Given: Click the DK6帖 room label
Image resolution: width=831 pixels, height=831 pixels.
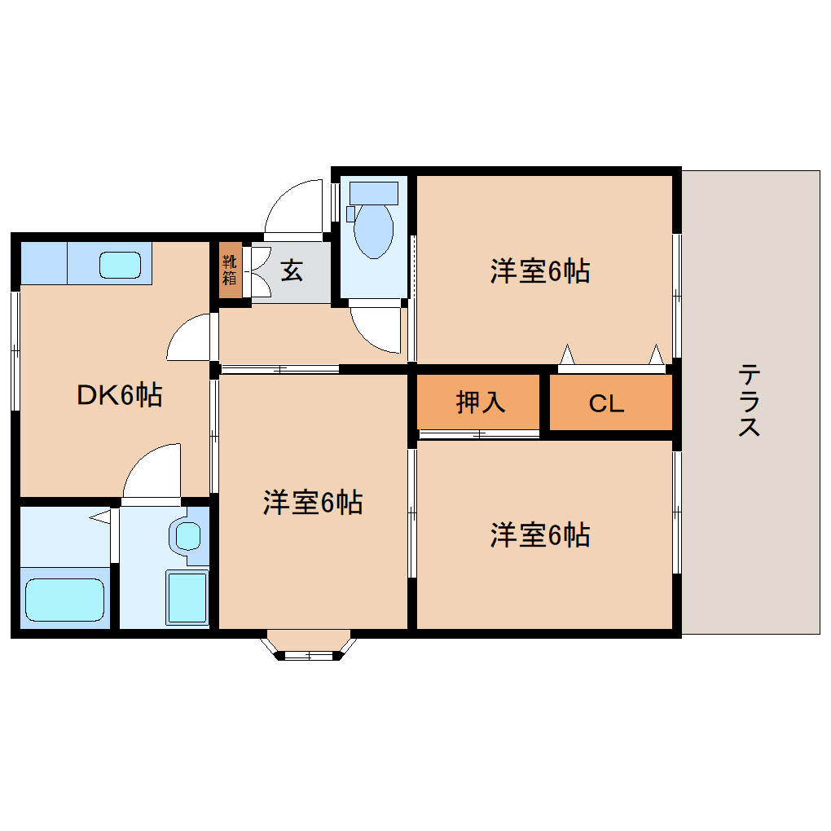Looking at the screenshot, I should pyautogui.click(x=119, y=395).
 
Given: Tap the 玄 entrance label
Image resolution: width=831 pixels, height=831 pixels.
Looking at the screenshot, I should pyautogui.click(x=292, y=270).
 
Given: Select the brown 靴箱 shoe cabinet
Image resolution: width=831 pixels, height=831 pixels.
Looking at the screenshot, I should pyautogui.click(x=231, y=270).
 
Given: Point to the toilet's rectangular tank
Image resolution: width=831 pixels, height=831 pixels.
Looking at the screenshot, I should pyautogui.click(x=373, y=193).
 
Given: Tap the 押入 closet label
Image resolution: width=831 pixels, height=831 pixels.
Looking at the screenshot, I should pyautogui.click(x=480, y=402).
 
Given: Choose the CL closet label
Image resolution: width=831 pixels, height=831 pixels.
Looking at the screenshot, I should pyautogui.click(x=606, y=403).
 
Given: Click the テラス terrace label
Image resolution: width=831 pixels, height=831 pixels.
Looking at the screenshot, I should pyautogui.click(x=750, y=401).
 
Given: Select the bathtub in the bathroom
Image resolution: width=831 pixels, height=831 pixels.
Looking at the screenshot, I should pyautogui.click(x=64, y=601).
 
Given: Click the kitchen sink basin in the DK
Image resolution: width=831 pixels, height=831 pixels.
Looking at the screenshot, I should pyautogui.click(x=121, y=265).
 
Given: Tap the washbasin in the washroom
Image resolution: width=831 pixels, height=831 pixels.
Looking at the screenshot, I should pyautogui.click(x=188, y=536).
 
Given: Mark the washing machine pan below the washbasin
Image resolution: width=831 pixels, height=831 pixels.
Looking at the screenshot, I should pyautogui.click(x=187, y=597).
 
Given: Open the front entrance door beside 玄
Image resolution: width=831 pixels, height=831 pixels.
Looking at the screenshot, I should pyautogui.click(x=295, y=206).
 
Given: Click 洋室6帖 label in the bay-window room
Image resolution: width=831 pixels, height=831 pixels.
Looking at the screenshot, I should pyautogui.click(x=312, y=503).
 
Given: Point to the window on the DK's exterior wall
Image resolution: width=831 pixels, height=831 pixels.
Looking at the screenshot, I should pyautogui.click(x=15, y=350).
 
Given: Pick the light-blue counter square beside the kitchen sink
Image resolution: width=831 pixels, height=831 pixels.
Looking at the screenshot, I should pyautogui.click(x=43, y=262).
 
